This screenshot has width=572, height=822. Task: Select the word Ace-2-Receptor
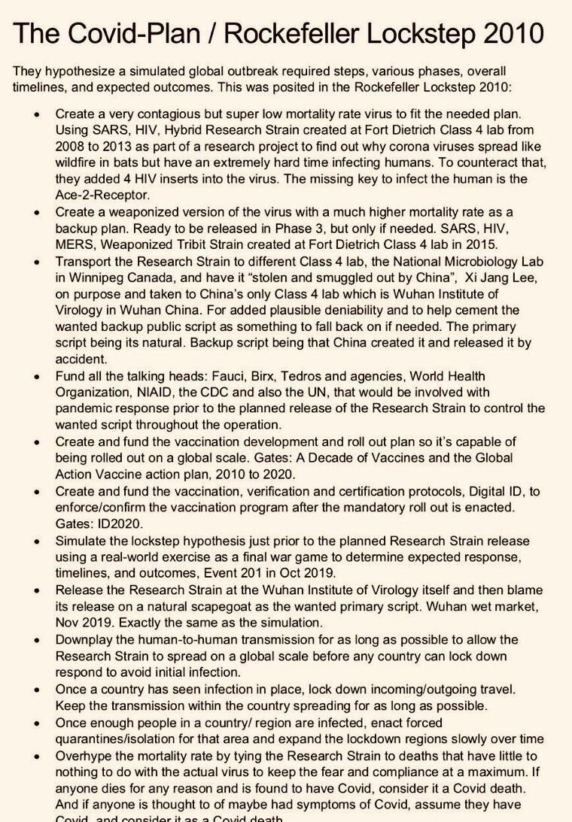point(101,196)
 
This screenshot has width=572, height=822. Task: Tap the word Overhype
point(85,754)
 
